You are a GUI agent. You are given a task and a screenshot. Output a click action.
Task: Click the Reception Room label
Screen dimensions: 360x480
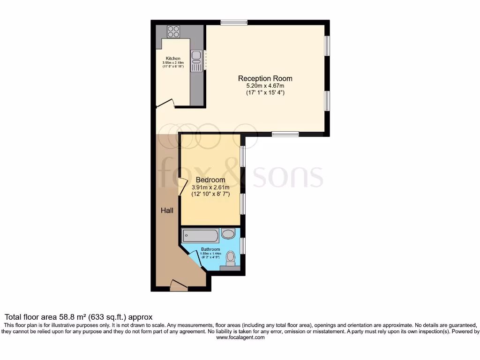tap(265, 78)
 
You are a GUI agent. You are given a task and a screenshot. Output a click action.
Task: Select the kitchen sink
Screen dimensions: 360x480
tap(196, 56)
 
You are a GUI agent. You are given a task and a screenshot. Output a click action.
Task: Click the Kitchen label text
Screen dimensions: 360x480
tap(173, 59)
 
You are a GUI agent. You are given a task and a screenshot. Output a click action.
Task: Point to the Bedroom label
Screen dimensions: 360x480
tap(210, 180)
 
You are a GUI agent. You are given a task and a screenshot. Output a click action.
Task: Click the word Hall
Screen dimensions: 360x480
tap(167, 210)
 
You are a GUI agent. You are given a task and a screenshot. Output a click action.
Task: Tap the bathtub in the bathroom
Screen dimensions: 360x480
tap(201, 235)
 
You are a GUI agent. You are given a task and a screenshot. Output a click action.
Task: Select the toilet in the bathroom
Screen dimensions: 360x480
tap(230, 259)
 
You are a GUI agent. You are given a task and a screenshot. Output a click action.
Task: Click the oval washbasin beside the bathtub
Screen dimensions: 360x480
tap(228, 234)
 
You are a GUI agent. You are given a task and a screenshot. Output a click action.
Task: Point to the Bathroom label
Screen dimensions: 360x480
tap(210, 249)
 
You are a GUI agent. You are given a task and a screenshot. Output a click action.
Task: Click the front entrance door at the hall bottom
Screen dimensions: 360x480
tap(179, 285)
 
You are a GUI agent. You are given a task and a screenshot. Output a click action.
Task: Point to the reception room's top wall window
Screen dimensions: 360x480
tap(234, 22)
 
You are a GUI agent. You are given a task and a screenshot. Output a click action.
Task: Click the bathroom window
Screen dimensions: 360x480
tap(243, 246)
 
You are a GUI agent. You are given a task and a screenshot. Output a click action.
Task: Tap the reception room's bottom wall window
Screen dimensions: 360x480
tap(285, 134)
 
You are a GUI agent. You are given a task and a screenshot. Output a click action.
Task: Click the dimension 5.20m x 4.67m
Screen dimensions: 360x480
tap(265, 86)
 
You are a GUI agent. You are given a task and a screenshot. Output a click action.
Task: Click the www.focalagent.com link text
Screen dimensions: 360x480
tap(240, 337)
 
